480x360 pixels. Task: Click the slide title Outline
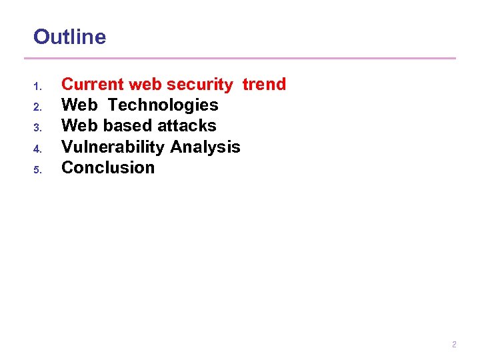[69, 37]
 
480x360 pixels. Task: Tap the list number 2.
[37, 107]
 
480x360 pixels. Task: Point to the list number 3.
[37, 127]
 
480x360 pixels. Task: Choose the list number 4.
[37, 148]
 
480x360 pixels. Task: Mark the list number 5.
[37, 169]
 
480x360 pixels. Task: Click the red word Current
[93, 85]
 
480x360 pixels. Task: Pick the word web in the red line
[145, 85]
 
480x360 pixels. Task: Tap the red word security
[200, 85]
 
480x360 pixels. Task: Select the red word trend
[264, 85]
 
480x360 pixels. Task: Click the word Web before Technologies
[79, 105]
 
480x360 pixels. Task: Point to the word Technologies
[163, 105]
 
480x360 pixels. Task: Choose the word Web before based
[79, 126]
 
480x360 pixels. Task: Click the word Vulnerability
[113, 147]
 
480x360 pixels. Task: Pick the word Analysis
[205, 147]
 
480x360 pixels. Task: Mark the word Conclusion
[108, 167]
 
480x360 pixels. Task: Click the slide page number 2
[454, 345]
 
